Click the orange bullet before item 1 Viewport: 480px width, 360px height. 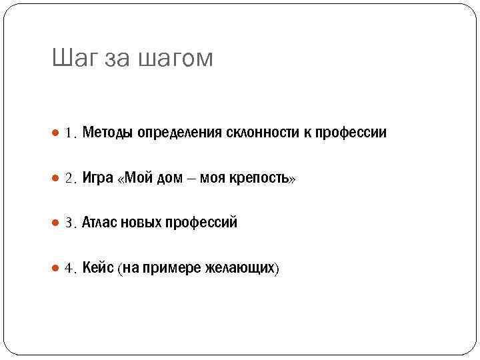pyautogui.click(x=56, y=133)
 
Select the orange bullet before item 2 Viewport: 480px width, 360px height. pyautogui.click(x=56, y=178)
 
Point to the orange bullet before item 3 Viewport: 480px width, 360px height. pyautogui.click(x=56, y=223)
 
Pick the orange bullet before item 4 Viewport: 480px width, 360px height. pyautogui.click(x=56, y=268)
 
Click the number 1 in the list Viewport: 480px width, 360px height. pyautogui.click(x=69, y=133)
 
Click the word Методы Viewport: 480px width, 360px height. pyautogui.click(x=108, y=133)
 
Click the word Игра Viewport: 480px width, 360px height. pyautogui.click(x=98, y=179)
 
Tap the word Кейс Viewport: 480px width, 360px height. pyautogui.click(x=98, y=268)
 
